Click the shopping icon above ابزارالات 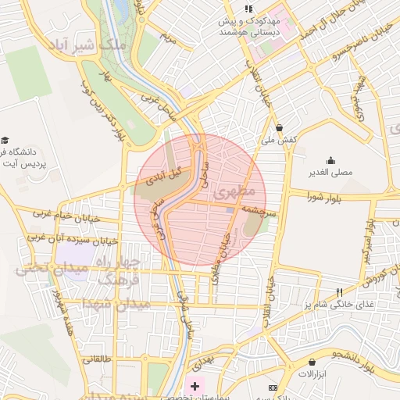[x=313, y=362]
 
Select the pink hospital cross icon [x=195, y=387]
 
